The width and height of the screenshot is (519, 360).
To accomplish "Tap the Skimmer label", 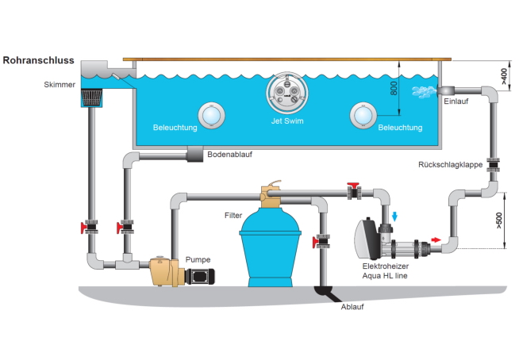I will (60, 84).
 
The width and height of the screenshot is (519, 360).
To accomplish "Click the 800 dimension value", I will (394, 88).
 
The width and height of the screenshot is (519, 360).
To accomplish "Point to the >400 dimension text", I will (504, 76).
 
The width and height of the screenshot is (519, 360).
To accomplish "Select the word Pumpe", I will (198, 259).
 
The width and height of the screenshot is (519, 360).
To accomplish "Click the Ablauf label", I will (352, 307).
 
